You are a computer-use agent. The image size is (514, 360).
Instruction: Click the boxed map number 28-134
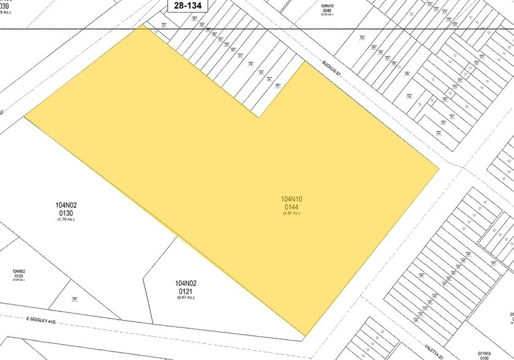[x=188, y=6]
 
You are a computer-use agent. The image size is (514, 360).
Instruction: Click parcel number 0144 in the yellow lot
[x=292, y=206]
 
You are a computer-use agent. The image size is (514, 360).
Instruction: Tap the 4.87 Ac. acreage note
[x=292, y=213]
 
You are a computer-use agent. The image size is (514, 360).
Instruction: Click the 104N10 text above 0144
[x=292, y=199]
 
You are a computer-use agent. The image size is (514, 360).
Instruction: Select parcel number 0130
[x=64, y=213]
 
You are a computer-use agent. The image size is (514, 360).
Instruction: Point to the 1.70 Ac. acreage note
[x=64, y=220]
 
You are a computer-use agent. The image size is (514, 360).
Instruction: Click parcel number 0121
[x=186, y=291]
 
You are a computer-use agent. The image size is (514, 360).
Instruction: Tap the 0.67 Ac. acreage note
[x=186, y=298]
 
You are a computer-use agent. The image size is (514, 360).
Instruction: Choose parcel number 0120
[x=19, y=277]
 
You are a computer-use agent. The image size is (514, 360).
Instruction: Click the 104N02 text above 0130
[x=64, y=206]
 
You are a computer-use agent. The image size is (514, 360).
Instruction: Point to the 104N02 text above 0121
[x=186, y=283]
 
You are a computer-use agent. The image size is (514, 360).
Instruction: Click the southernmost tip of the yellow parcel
[x=304, y=336]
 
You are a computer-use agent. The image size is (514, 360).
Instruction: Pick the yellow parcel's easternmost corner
[x=439, y=167]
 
